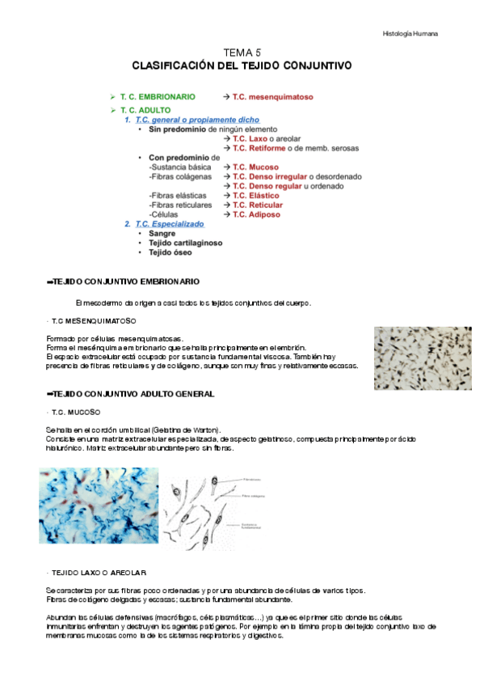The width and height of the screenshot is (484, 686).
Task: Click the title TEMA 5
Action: click(x=242, y=52)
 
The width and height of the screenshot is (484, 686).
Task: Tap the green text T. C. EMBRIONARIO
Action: click(x=157, y=96)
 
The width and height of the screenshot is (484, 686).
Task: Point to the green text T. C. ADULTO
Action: click(x=145, y=109)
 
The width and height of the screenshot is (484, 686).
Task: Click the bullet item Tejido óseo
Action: click(x=169, y=252)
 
